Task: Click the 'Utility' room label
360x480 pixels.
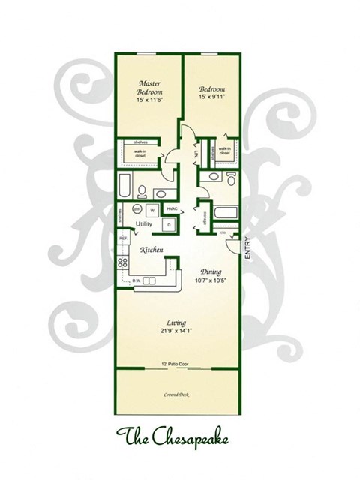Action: (144, 225)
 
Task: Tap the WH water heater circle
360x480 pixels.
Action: (137, 209)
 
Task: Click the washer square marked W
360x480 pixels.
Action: (152, 210)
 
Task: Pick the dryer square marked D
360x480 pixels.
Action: (169, 225)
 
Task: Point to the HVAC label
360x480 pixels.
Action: (171, 209)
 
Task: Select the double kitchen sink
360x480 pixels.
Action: (150, 280)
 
